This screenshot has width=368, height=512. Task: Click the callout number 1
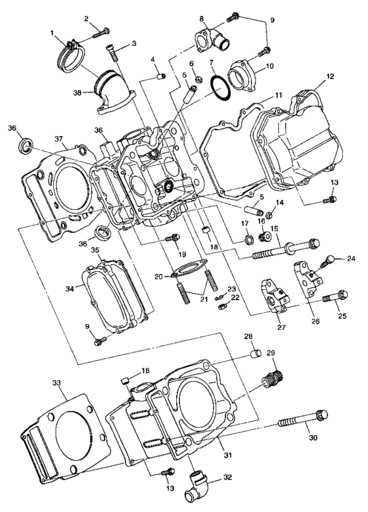(52, 32)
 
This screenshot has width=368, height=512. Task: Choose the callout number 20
(158, 277)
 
